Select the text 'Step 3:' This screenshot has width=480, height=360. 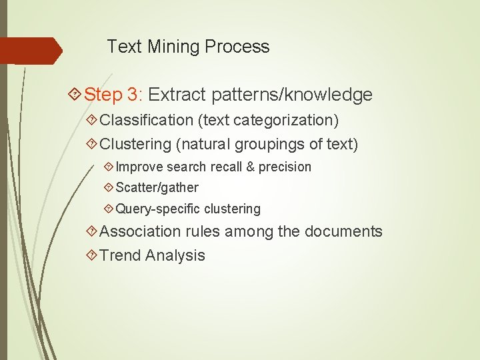[114, 95]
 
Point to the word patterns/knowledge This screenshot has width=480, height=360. [292, 95]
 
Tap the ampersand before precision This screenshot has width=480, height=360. [251, 167]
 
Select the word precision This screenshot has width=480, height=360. [285, 167]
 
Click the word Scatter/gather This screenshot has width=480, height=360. [157, 188]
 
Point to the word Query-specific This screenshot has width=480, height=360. [158, 209]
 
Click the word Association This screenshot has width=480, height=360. [140, 232]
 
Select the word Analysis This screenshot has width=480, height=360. [175, 255]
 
